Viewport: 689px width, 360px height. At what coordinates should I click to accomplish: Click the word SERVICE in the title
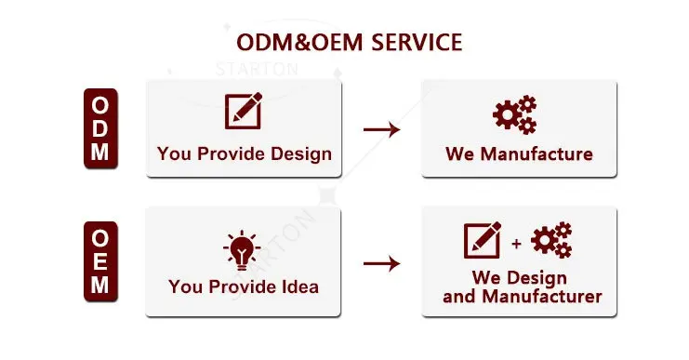pyautogui.click(x=417, y=43)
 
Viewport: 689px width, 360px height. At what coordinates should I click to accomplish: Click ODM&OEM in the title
pyautogui.click(x=299, y=43)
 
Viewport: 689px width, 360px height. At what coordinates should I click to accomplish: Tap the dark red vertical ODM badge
pyautogui.click(x=100, y=128)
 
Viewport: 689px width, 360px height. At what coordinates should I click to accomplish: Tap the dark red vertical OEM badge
pyautogui.click(x=100, y=261)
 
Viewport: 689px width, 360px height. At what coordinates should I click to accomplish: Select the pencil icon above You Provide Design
pyautogui.click(x=244, y=111)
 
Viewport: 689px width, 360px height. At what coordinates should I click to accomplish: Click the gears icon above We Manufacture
pyautogui.click(x=515, y=114)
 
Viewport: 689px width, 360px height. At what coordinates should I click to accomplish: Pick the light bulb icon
pyautogui.click(x=242, y=249)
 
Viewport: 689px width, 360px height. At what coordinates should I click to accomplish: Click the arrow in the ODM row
pyautogui.click(x=382, y=129)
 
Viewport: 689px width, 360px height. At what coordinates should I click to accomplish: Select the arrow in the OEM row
pyautogui.click(x=382, y=264)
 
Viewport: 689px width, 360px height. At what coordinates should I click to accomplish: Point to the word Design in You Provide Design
pyautogui.click(x=301, y=154)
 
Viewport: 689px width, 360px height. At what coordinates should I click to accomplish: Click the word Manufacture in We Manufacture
pyautogui.click(x=537, y=153)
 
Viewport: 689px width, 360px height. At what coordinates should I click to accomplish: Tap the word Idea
pyautogui.click(x=300, y=287)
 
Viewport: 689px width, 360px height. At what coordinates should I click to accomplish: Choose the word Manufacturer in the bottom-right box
pyautogui.click(x=542, y=297)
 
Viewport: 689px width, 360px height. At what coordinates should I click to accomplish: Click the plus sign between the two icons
pyautogui.click(x=517, y=244)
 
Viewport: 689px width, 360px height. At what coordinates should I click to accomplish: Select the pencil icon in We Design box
pyautogui.click(x=483, y=240)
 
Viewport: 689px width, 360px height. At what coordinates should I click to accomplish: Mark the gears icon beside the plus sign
pyautogui.click(x=551, y=240)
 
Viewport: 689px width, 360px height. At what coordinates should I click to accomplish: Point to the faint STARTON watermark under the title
pyautogui.click(x=257, y=69)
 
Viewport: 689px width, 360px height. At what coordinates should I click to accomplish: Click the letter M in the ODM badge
pyautogui.click(x=100, y=152)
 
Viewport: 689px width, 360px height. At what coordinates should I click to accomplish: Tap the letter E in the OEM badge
pyautogui.click(x=100, y=261)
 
